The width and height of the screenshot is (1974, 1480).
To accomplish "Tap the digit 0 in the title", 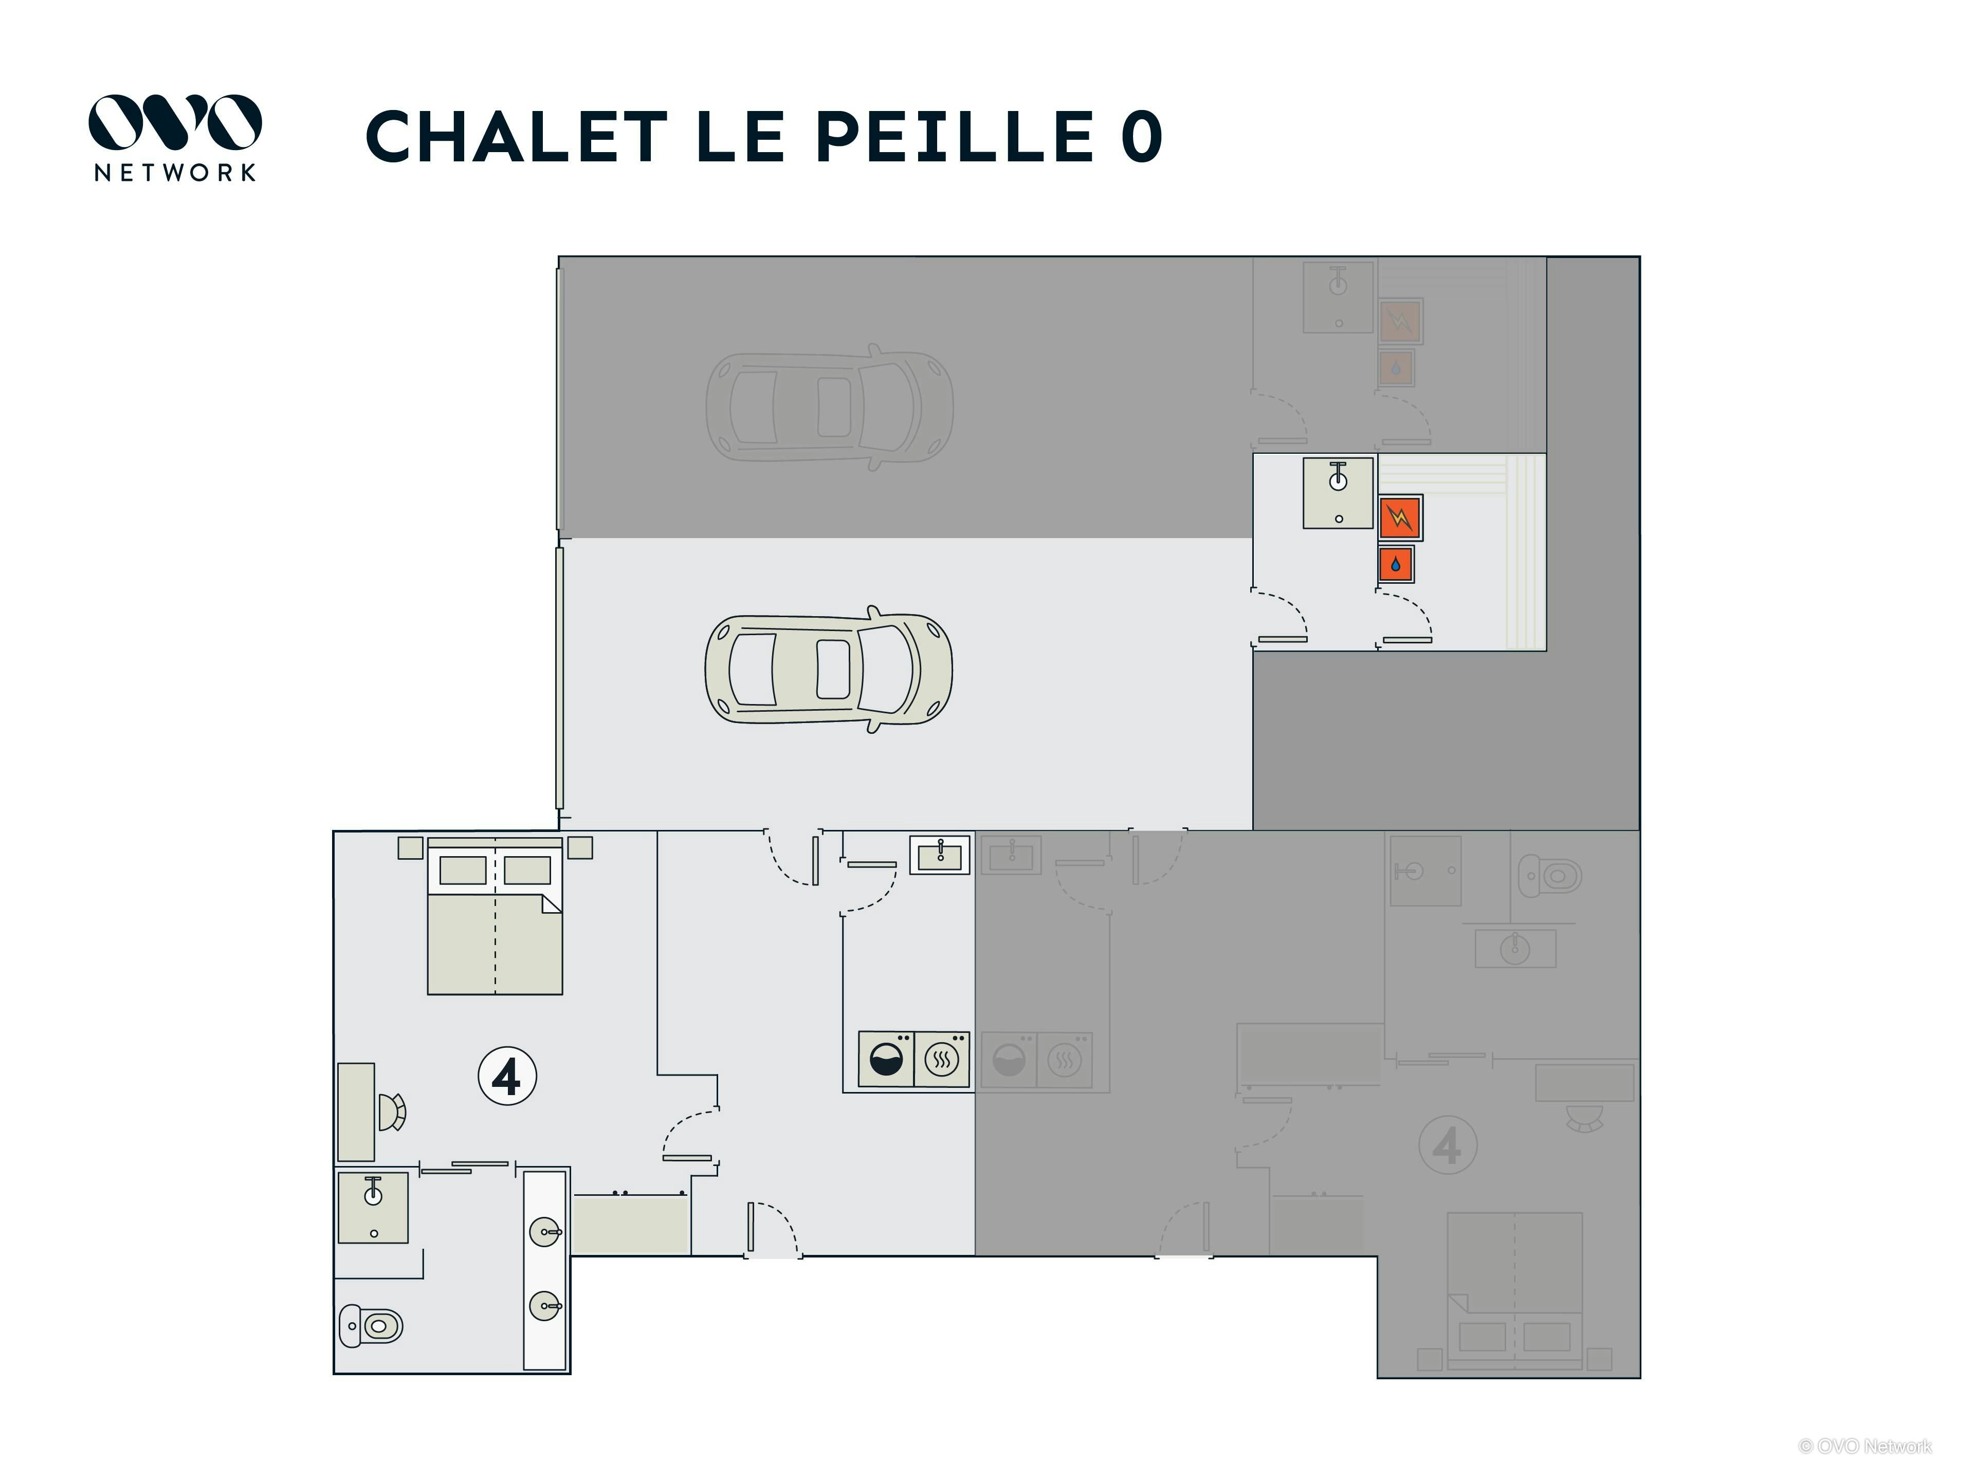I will point(1141,138).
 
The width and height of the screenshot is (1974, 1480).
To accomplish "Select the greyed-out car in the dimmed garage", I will point(828,407).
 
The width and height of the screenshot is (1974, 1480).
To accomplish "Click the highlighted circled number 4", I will point(507,1076).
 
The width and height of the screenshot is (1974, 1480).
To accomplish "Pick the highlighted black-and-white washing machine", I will point(885,1060).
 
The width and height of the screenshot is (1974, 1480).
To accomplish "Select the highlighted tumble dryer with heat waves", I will point(941,1060).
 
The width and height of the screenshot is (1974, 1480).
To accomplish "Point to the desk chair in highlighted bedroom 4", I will point(392,1112).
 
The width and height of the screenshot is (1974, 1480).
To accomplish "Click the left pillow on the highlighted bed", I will point(463,870).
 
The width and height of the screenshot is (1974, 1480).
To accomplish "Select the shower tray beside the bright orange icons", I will point(1338,493).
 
